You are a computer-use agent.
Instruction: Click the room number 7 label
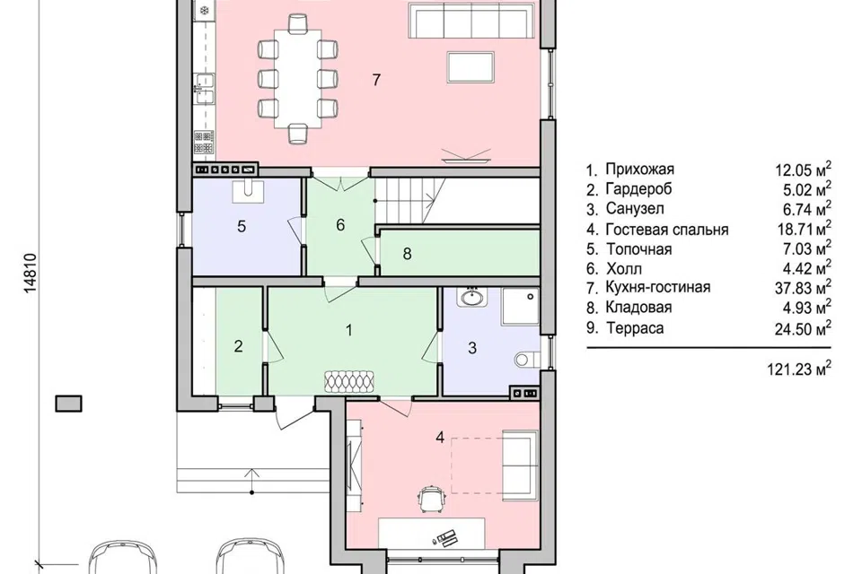coord(376,80)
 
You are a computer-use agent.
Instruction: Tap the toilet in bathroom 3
coord(526,359)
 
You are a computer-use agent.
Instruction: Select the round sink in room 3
coord(471,297)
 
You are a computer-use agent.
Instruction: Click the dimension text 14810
coord(31,273)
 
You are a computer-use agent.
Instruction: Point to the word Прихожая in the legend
coord(639,170)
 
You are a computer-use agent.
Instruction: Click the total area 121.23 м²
coord(799,369)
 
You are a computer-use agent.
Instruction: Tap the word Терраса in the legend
coord(635,328)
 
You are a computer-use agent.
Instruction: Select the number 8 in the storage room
coord(407,254)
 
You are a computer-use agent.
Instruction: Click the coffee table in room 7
coord(471,67)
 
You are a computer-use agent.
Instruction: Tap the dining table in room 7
coord(297,77)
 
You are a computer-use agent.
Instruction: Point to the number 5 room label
coord(242,226)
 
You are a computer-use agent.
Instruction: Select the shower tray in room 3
coord(521,307)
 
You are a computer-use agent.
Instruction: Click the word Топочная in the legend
coord(638,249)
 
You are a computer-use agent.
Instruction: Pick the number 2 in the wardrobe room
coord(238,346)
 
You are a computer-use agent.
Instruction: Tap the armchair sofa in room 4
coord(520,465)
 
